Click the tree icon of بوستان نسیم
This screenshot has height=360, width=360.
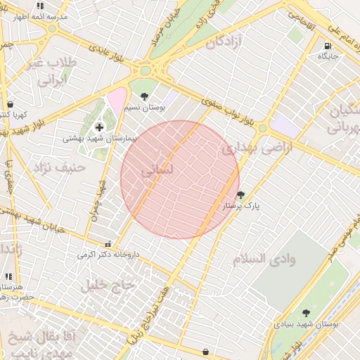point(145,96)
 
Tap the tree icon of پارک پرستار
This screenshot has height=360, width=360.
point(241,195)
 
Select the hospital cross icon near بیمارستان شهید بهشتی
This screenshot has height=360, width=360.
point(99,127)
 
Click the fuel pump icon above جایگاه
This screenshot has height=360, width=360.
point(328,48)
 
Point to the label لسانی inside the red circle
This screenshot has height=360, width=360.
point(156,171)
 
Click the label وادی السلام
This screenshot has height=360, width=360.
point(264,259)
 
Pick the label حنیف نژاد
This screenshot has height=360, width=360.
point(58,167)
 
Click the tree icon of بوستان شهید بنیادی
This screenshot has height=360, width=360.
point(305,313)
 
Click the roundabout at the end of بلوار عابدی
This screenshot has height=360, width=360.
point(147,70)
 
